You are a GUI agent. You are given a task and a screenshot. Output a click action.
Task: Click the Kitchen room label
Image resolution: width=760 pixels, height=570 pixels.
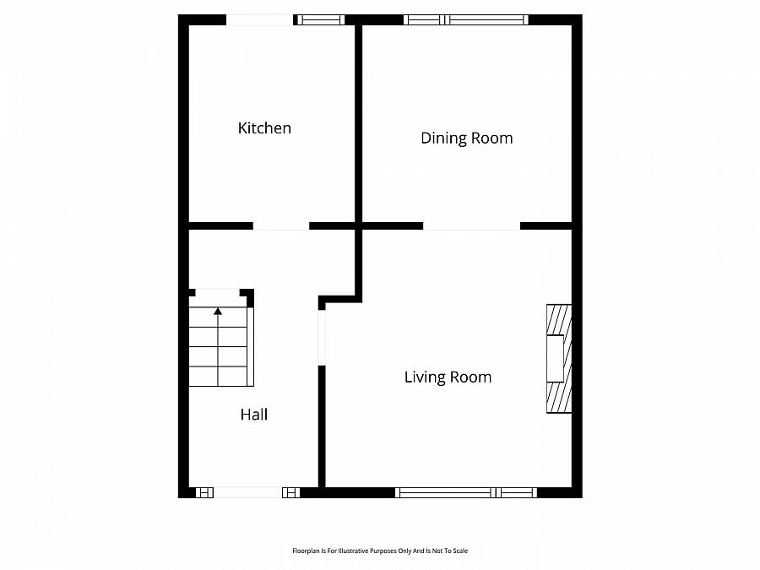[264, 128]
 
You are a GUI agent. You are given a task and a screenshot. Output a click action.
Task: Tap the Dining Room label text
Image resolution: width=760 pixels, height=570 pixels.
[467, 138]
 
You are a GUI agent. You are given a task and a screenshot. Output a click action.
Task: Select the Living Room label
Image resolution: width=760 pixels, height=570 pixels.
[448, 377]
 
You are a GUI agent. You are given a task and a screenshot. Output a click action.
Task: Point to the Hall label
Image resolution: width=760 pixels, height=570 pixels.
[254, 415]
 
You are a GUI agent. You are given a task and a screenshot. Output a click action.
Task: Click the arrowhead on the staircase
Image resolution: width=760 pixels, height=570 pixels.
[218, 311]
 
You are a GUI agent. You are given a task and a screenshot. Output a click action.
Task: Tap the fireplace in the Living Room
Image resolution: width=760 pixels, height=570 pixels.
[559, 359]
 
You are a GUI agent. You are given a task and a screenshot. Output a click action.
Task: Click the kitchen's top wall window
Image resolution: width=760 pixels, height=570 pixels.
[320, 20]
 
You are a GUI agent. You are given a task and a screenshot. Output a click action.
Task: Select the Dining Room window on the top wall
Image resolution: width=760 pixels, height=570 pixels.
[466, 20]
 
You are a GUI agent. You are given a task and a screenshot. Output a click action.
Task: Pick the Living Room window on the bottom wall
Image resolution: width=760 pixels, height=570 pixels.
[466, 493]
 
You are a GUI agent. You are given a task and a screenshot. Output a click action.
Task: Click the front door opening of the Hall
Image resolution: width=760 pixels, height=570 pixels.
[247, 493]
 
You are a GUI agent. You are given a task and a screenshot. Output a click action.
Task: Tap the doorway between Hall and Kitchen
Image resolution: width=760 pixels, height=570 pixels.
[281, 225]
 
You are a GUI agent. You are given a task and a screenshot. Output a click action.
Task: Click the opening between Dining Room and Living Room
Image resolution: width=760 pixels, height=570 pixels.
[471, 225]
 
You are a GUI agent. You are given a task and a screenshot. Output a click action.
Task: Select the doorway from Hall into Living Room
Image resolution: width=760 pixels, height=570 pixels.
[322, 338]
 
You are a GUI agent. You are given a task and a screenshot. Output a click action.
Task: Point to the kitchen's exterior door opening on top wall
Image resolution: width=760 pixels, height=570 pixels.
[260, 20]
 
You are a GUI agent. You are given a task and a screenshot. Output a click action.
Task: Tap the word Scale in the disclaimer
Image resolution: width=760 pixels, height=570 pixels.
[460, 551]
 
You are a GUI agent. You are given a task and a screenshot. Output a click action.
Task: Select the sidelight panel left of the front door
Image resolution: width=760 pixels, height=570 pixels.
[204, 493]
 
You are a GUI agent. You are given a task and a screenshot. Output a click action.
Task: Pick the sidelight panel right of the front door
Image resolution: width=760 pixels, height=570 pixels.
[290, 493]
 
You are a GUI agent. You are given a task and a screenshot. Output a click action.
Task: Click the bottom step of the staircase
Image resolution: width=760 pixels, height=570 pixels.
[218, 377]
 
